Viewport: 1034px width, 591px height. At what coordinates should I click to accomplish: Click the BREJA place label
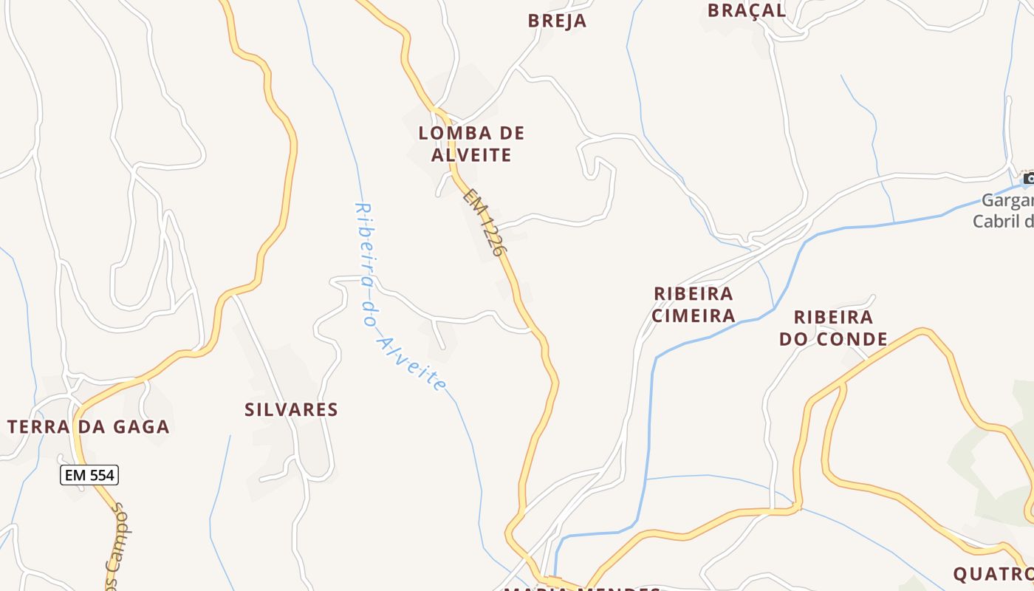coord(557,21)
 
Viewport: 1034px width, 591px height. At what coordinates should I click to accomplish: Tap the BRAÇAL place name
coord(747,10)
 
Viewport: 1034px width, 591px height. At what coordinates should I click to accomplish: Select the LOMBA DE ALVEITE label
coord(471,144)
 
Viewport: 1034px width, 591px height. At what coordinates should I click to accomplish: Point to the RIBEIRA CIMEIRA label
coord(694,305)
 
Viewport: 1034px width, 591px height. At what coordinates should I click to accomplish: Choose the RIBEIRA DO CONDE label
coord(833,328)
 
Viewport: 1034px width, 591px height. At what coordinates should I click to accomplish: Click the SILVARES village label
coord(291,410)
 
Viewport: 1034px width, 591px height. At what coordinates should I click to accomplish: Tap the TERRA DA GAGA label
coord(89,426)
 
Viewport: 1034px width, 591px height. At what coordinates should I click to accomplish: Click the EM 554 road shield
coord(89,475)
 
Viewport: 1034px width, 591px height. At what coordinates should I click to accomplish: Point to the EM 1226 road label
coord(486,222)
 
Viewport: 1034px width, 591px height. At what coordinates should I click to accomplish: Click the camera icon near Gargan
coord(1028,178)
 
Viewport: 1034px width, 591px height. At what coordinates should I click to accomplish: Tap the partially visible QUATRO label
coord(992,574)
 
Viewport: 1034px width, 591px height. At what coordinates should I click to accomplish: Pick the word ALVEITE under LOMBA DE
coord(471,155)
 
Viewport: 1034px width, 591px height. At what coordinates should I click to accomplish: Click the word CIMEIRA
coord(694,316)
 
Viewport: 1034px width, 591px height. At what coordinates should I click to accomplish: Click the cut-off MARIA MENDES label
coord(581,588)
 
